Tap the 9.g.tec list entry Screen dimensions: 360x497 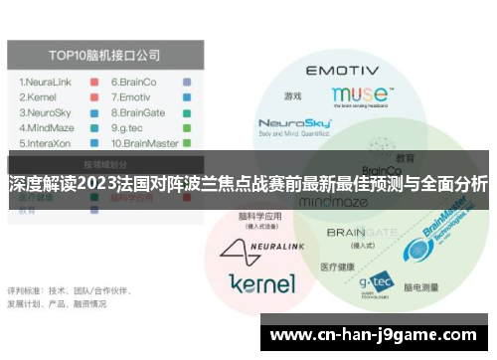pos(130,127)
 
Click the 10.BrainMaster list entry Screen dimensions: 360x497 pos(145,142)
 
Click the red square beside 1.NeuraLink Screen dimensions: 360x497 pos(93,82)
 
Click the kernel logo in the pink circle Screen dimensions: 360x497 pos(261,283)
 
